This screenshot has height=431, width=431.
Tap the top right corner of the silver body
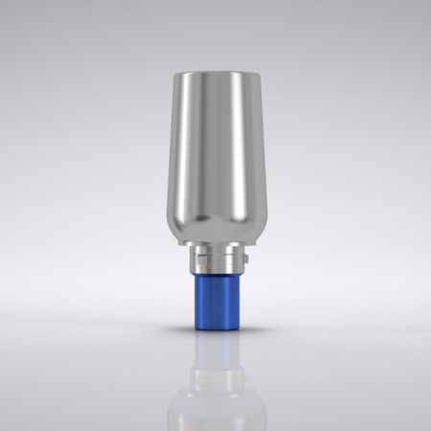point(254,75)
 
